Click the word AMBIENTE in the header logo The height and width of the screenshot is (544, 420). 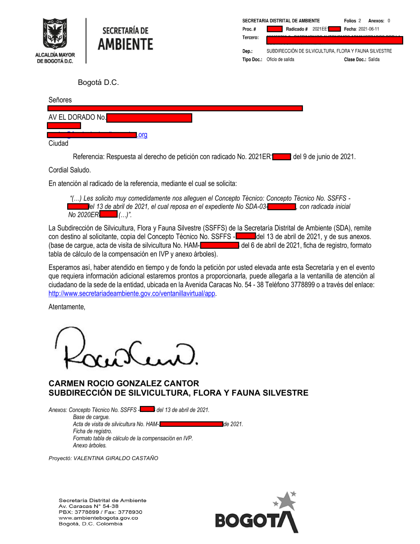pyautogui.click(x=126, y=45)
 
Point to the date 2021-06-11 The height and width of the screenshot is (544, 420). pyautogui.click(x=368, y=29)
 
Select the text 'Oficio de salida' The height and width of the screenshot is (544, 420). pyautogui.click(x=280, y=60)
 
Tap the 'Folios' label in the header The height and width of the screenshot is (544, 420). pyautogui.click(x=350, y=21)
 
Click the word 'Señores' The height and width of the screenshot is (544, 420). pyautogui.click(x=60, y=100)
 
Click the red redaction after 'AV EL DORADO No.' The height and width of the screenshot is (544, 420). pyautogui.click(x=149, y=118)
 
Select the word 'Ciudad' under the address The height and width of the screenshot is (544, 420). pyautogui.click(x=58, y=143)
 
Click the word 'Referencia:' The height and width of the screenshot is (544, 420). pyautogui.click(x=89, y=157)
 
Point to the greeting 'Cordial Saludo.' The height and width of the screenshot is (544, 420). pyautogui.click(x=70, y=170)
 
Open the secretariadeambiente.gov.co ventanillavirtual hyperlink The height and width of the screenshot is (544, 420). pyautogui.click(x=132, y=293)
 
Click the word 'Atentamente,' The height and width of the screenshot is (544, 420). pyautogui.click(x=67, y=307)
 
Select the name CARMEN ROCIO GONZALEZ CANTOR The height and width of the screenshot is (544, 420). pyautogui.click(x=124, y=383)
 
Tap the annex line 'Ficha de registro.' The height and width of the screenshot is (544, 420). pyautogui.click(x=92, y=431)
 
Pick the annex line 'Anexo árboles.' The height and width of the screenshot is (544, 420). pyautogui.click(x=90, y=446)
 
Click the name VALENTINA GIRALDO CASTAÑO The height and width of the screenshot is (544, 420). pyautogui.click(x=116, y=458)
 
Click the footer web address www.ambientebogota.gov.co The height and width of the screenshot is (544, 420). pyautogui.click(x=98, y=518)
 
